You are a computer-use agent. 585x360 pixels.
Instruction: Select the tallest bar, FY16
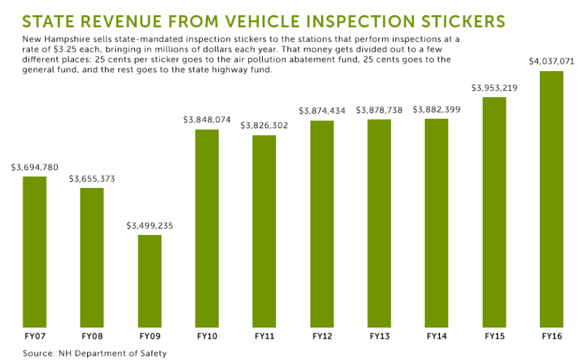coord(551,199)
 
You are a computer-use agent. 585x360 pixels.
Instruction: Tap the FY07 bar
coord(35,252)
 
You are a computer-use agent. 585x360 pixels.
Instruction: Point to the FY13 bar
coord(379,223)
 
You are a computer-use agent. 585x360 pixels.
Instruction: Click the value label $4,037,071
coord(551,62)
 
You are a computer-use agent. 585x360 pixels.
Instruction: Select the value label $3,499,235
coord(150,226)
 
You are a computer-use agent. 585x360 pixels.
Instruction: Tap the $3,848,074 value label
coord(207,120)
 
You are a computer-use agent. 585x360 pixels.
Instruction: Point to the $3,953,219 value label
coord(494,88)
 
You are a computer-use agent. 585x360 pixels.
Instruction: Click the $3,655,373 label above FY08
coord(92,179)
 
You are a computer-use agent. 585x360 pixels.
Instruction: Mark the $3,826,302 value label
coord(264,126)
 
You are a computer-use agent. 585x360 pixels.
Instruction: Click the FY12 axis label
coord(322,337)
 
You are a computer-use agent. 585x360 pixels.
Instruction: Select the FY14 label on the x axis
coord(436,337)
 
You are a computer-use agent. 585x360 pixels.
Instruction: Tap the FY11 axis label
coord(264,337)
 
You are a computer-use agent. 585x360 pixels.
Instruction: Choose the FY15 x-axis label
coord(494,337)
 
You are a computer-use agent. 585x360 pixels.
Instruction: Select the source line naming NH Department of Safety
coord(94,353)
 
